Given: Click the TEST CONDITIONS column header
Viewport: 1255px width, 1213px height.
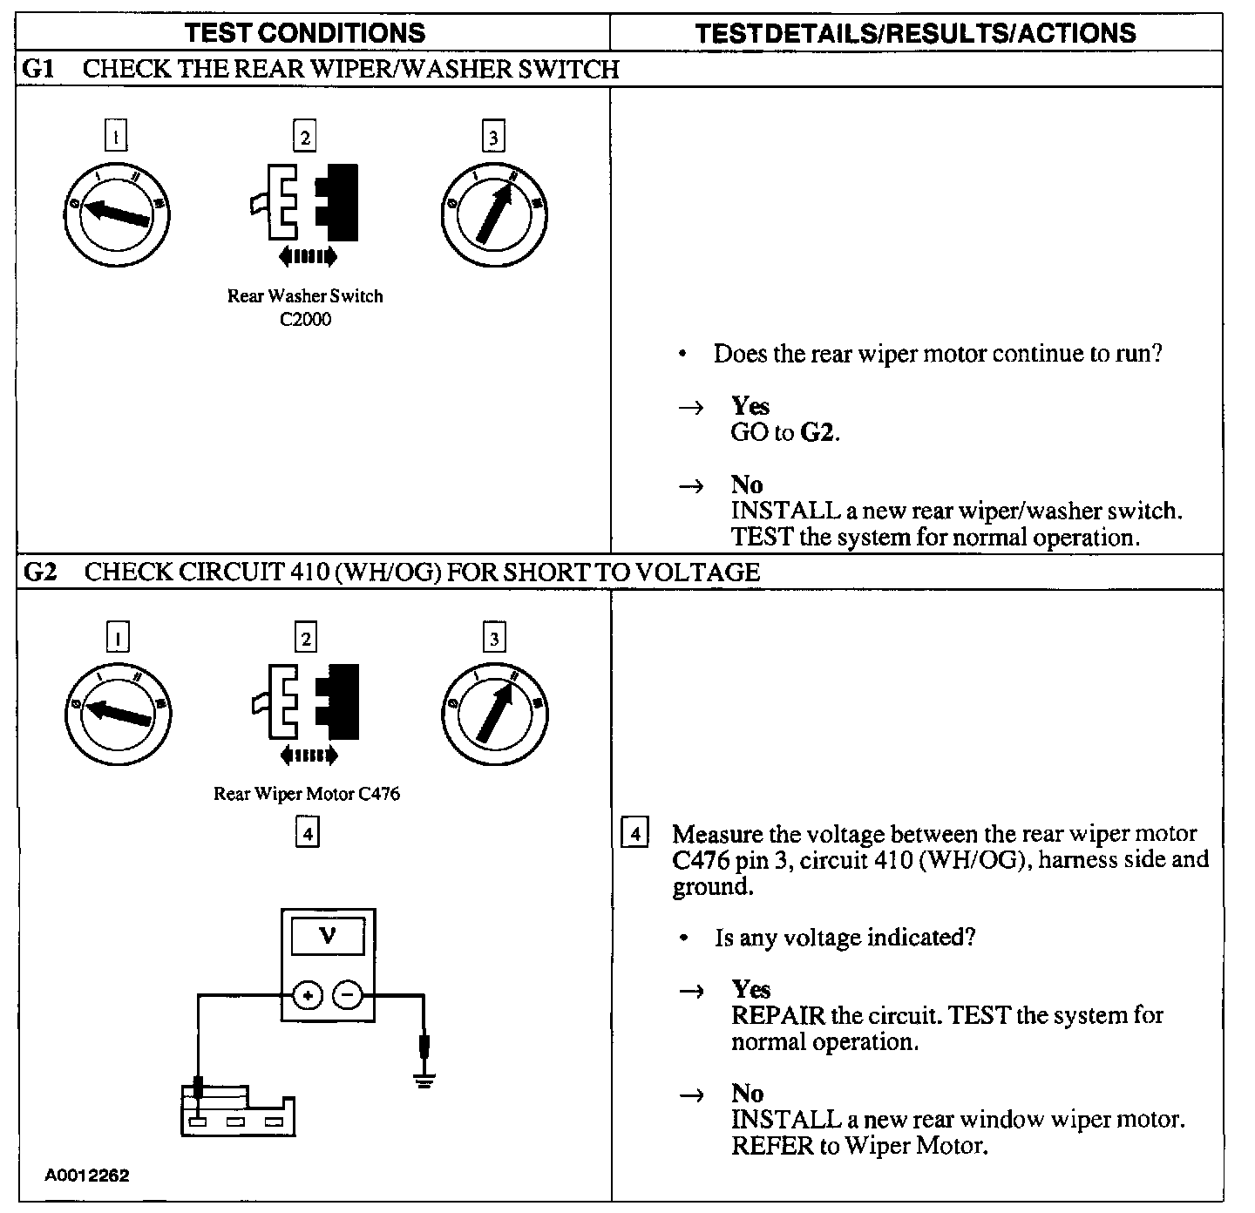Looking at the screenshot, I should [305, 33].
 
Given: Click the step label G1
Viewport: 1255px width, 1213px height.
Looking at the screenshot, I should [37, 69].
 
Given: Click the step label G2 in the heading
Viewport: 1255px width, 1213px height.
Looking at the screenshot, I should [39, 572].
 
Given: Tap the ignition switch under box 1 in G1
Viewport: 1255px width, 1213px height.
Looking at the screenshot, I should [118, 213].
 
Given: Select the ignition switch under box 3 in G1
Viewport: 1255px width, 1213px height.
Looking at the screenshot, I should [494, 213].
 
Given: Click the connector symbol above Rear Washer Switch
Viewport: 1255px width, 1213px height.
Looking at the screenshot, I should [305, 202].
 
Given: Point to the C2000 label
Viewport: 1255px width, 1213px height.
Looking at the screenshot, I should [305, 320].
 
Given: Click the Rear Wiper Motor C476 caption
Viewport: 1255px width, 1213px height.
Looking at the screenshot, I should [307, 794].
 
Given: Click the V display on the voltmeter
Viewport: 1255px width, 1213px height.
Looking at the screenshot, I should [328, 937].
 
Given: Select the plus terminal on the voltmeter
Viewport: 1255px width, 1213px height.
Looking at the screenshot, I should [307, 995].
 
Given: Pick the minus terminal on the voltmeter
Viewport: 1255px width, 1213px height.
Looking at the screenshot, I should [348, 995].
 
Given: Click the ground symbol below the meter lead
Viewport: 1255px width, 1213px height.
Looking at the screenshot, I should [424, 1081].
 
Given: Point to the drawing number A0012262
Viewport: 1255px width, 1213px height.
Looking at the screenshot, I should [87, 1176].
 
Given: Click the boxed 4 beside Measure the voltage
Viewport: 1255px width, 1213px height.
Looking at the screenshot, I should [634, 834].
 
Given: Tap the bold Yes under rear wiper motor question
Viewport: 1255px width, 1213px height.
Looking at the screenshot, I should [750, 406].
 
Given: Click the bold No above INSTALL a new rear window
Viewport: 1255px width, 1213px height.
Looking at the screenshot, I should [747, 1094].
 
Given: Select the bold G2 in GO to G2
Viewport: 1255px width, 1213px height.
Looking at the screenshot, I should [817, 432].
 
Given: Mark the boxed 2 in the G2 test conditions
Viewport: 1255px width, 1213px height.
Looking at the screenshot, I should [306, 639].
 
